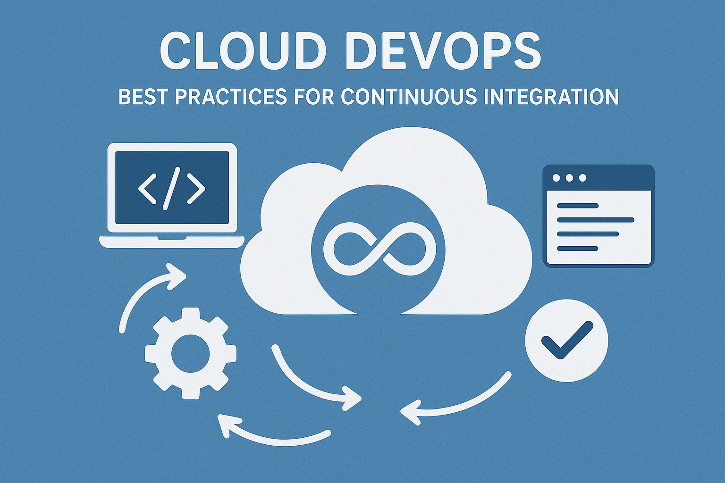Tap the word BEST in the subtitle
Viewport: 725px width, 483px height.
pos(142,97)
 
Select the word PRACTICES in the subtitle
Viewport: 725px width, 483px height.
pos(230,97)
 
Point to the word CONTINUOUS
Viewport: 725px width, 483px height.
pos(409,97)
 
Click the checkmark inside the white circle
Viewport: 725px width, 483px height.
pos(566,340)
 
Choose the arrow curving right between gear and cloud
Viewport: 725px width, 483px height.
pos(312,382)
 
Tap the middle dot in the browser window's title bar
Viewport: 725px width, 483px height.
pos(569,178)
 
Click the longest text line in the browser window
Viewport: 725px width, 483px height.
pos(595,220)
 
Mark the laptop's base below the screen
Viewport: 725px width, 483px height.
pos(172,241)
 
